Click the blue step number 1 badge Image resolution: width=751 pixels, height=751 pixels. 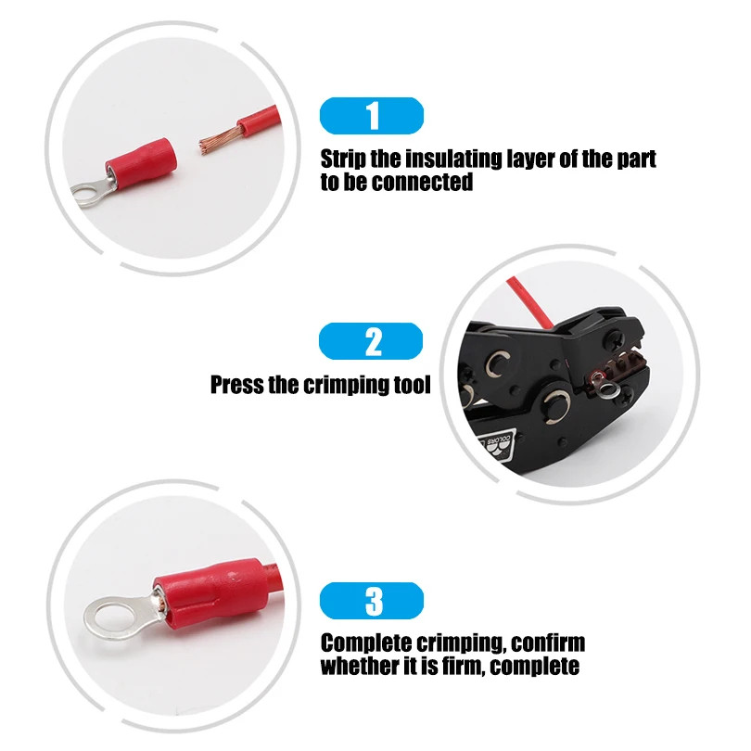coord(371,116)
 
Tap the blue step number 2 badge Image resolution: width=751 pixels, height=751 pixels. coord(371,341)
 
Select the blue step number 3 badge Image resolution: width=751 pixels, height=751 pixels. coord(371,601)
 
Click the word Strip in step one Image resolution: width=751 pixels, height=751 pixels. coord(345,159)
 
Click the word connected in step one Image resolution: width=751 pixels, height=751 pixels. coord(422,183)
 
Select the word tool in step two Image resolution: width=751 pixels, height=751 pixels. coord(409,385)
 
